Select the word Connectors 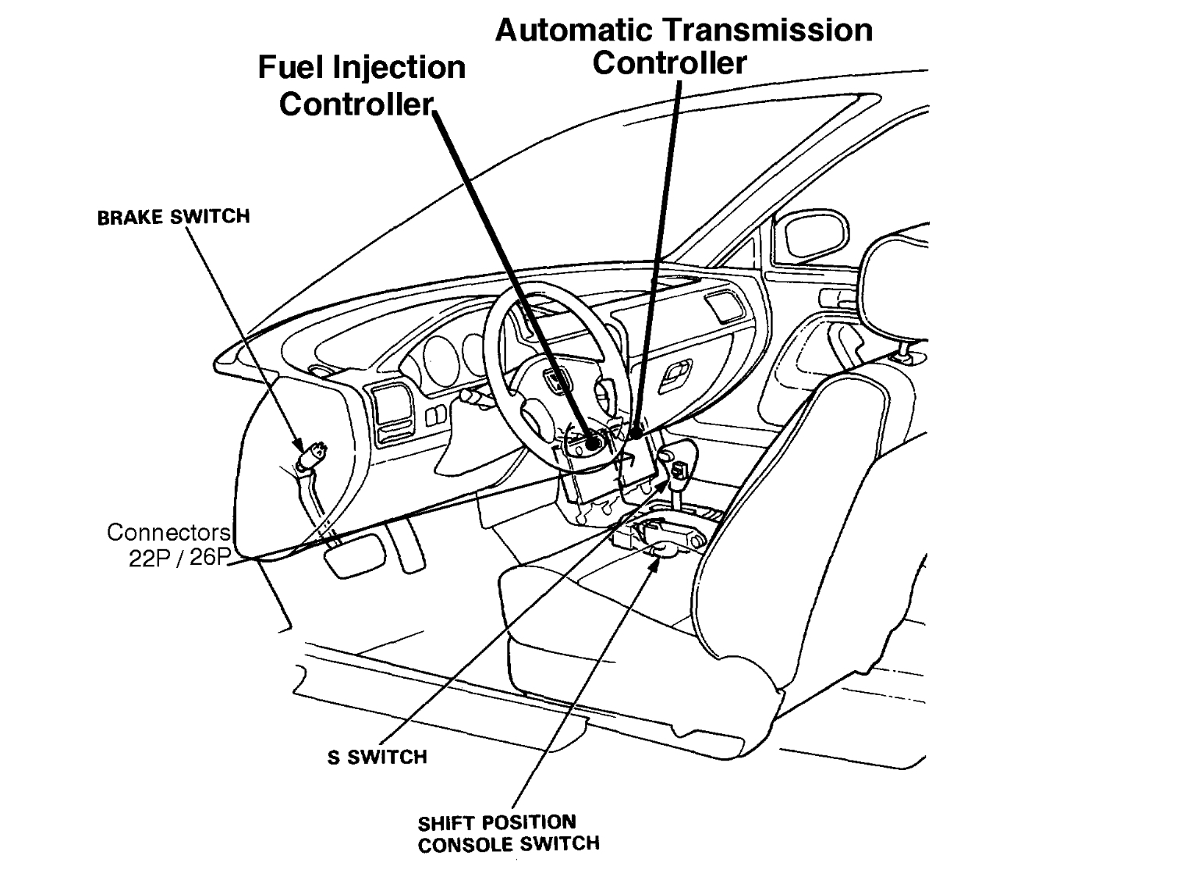tap(168, 533)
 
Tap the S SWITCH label tap(377, 757)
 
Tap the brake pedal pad tap(356, 555)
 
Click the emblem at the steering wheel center tap(555, 381)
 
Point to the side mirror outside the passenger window tap(815, 232)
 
